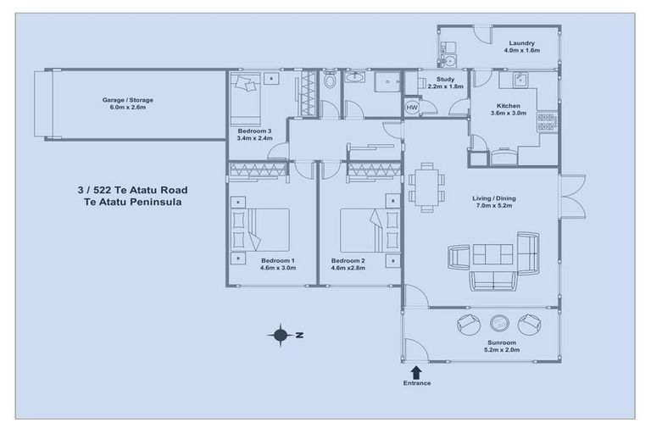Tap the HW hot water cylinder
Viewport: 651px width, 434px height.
(x=412, y=108)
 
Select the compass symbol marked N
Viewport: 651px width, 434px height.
(x=281, y=335)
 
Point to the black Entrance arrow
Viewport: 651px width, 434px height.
(x=416, y=371)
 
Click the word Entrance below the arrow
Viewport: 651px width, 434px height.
(x=416, y=383)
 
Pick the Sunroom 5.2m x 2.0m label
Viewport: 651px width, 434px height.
(x=502, y=346)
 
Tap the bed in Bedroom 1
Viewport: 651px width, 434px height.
(x=263, y=230)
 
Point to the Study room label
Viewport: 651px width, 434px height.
(x=434, y=82)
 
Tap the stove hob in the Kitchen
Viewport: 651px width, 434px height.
(x=547, y=121)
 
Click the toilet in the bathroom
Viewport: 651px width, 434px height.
(x=331, y=81)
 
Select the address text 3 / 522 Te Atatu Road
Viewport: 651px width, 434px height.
(x=131, y=190)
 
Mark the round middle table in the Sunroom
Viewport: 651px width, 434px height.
(x=499, y=322)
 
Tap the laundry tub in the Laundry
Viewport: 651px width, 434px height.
(x=448, y=59)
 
